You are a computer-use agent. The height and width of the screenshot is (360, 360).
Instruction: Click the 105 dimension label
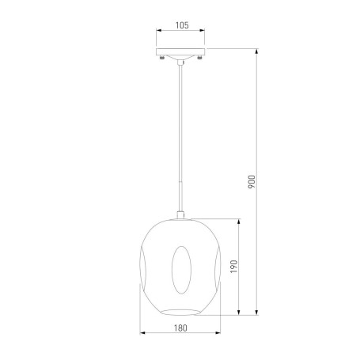pyautogui.click(x=182, y=25)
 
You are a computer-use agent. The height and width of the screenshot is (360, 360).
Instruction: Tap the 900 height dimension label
pyautogui.click(x=252, y=182)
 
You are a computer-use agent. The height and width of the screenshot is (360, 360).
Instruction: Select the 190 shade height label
pyautogui.click(x=234, y=267)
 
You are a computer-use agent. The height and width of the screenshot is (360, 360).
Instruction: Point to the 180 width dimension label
pyautogui.click(x=180, y=328)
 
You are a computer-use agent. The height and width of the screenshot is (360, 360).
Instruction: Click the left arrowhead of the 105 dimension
pyautogui.click(x=158, y=30)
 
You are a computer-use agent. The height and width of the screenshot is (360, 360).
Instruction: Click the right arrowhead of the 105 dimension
pyautogui.click(x=202, y=30)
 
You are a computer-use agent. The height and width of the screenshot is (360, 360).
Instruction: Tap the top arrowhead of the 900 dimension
pyautogui.click(x=256, y=51)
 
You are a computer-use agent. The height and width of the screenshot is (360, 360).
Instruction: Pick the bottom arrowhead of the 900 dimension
pyautogui.click(x=256, y=313)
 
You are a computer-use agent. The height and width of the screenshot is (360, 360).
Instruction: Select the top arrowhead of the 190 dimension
pyautogui.click(x=239, y=222)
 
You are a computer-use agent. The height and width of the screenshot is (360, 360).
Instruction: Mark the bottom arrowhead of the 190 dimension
pyautogui.click(x=239, y=313)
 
